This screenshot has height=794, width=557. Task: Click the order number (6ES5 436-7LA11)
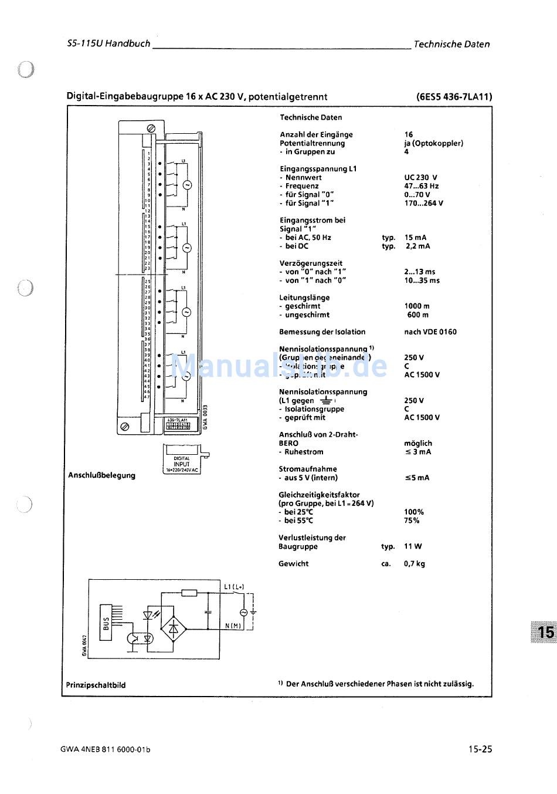[454, 97]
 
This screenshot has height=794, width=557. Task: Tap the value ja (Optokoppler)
[433, 143]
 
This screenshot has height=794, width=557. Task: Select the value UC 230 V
[420, 177]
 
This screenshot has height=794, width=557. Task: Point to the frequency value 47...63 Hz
[421, 186]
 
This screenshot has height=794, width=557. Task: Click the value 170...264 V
[423, 203]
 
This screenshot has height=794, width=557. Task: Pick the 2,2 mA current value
[417, 246]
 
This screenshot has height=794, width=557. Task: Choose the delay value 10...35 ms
[422, 281]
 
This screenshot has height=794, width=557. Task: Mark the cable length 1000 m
[417, 306]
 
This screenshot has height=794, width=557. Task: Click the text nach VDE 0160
[430, 332]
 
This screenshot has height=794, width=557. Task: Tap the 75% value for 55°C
[412, 521]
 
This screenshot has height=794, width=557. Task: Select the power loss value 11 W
[413, 546]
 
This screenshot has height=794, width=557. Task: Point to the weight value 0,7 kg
[415, 564]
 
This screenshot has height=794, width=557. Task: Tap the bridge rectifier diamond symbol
[174, 629]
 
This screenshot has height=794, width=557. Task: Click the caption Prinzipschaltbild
[96, 685]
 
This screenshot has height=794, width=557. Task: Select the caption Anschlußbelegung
[101, 475]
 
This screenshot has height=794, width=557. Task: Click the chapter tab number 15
[545, 632]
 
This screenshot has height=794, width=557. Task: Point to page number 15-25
[480, 749]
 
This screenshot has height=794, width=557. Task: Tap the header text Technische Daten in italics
[451, 44]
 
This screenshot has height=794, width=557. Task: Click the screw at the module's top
[150, 127]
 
